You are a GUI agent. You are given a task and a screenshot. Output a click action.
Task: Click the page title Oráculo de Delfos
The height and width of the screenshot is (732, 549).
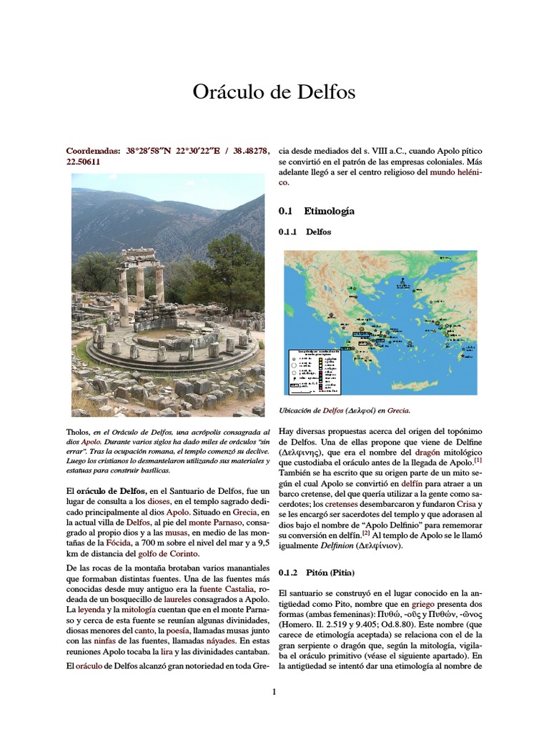(274, 92)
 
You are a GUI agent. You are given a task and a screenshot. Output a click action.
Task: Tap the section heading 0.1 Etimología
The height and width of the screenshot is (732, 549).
(315, 211)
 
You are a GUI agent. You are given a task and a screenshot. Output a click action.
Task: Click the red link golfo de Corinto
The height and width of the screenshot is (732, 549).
(170, 553)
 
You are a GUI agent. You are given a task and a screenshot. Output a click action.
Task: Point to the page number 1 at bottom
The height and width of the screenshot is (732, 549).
(274, 691)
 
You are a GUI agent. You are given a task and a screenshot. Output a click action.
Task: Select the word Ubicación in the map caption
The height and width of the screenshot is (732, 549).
(299, 411)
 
